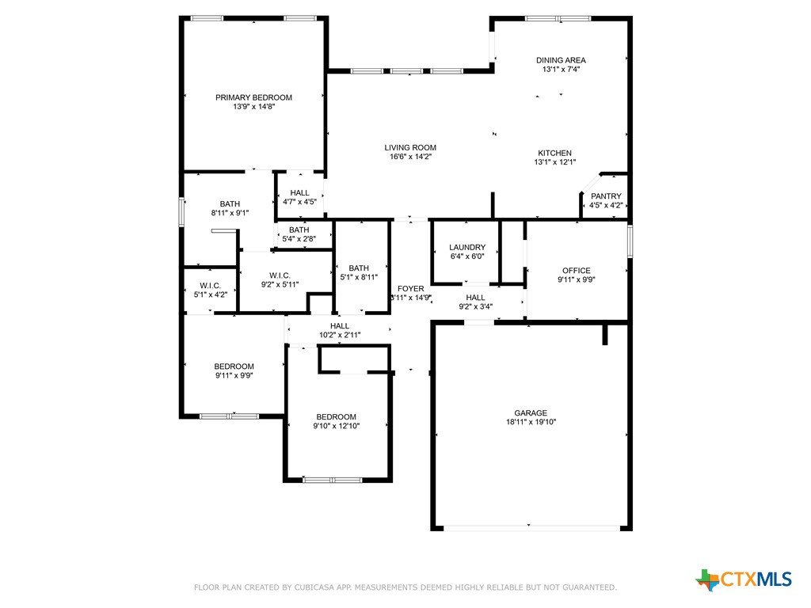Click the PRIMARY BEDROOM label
coord(253,97)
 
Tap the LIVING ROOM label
coord(410,147)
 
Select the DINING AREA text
coord(561,60)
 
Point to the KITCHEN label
coord(554,153)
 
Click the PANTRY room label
coord(606,196)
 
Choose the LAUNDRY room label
coord(467,247)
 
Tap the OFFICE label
coord(577,271)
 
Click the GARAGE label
coord(531,412)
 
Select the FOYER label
coord(411,288)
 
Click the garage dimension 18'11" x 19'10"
coord(531,422)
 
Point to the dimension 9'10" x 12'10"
coord(336,426)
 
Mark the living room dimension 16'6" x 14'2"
coord(410,157)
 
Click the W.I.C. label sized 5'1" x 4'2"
coord(210,285)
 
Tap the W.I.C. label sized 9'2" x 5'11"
coord(280,275)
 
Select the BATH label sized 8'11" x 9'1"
coord(230,203)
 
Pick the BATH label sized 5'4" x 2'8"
coord(299,230)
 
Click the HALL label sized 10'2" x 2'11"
coord(339,325)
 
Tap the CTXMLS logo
coord(744,579)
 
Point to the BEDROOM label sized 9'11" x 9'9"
coord(234,366)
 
